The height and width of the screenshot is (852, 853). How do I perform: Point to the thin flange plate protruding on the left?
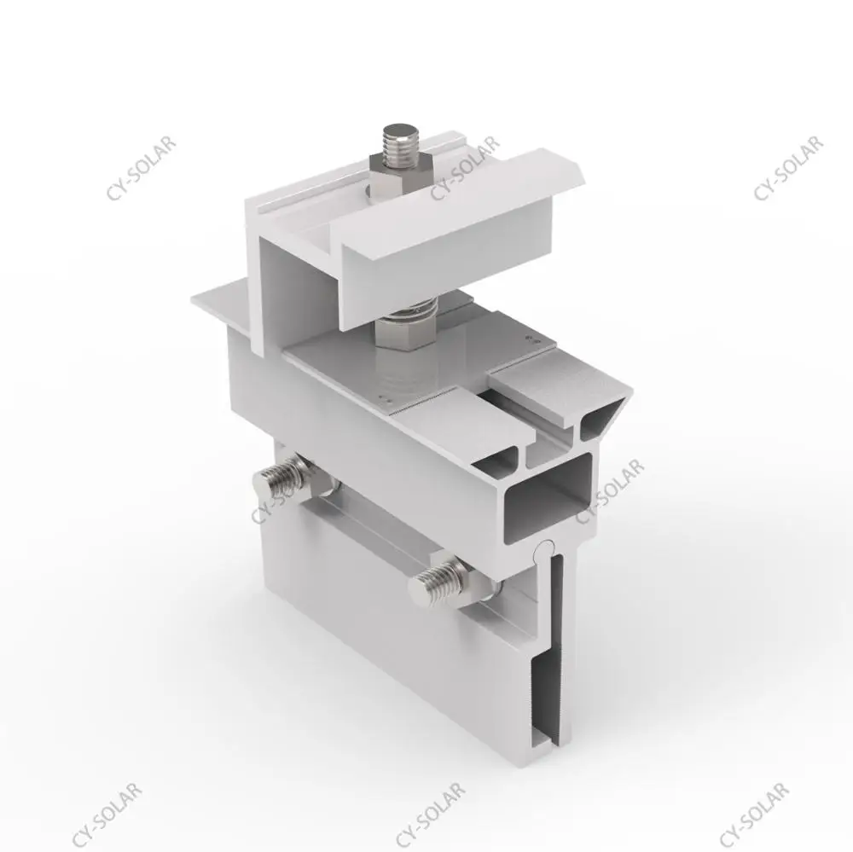click(218, 298)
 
